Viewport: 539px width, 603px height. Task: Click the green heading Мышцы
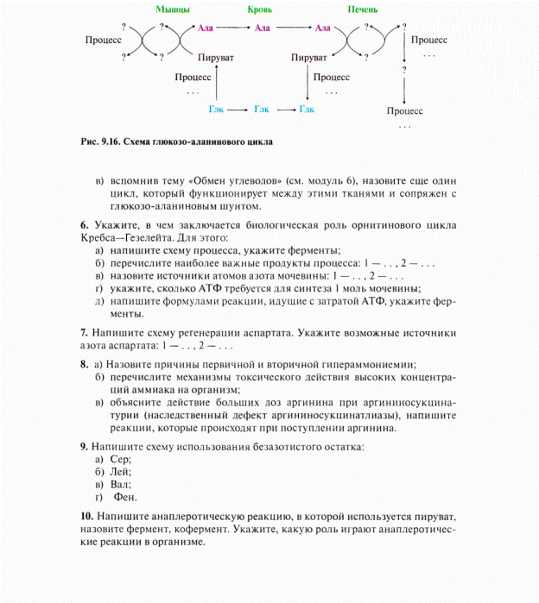(x=173, y=9)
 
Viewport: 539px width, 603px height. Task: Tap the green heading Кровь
(x=260, y=9)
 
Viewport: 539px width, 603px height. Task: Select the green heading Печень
(x=361, y=9)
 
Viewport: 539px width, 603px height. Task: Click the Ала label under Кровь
(x=262, y=28)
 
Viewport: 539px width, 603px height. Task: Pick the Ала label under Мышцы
(x=206, y=28)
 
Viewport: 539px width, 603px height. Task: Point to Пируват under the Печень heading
(x=309, y=57)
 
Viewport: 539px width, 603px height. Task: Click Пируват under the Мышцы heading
(x=214, y=57)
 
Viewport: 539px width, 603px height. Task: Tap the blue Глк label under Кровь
(x=262, y=110)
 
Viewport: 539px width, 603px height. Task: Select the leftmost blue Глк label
(x=216, y=110)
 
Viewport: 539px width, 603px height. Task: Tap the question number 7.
(x=83, y=332)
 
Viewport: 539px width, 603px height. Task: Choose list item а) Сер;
(x=111, y=459)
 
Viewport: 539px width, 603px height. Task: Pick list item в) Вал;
(x=111, y=484)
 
